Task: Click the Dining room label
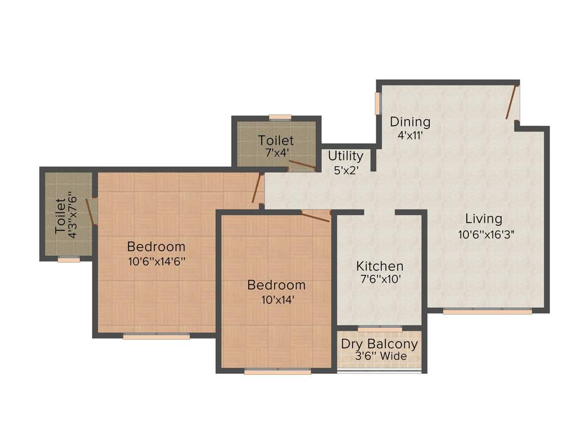click(x=410, y=122)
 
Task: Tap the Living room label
click(x=483, y=218)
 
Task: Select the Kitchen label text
click(x=380, y=266)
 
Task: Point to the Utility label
click(x=346, y=156)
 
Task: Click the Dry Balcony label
click(x=379, y=344)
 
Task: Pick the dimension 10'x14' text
click(x=276, y=299)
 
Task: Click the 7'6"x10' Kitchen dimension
click(x=380, y=279)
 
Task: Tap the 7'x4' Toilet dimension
click(x=276, y=152)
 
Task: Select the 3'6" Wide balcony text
click(x=381, y=357)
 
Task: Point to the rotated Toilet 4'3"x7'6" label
click(x=65, y=215)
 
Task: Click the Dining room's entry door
click(x=512, y=102)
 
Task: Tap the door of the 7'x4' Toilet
click(x=301, y=166)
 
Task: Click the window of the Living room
click(x=487, y=311)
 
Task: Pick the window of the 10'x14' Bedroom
click(x=277, y=372)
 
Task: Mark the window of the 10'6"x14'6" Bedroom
click(x=156, y=337)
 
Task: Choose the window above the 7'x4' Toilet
click(x=280, y=118)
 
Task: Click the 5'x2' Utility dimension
click(x=346, y=169)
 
